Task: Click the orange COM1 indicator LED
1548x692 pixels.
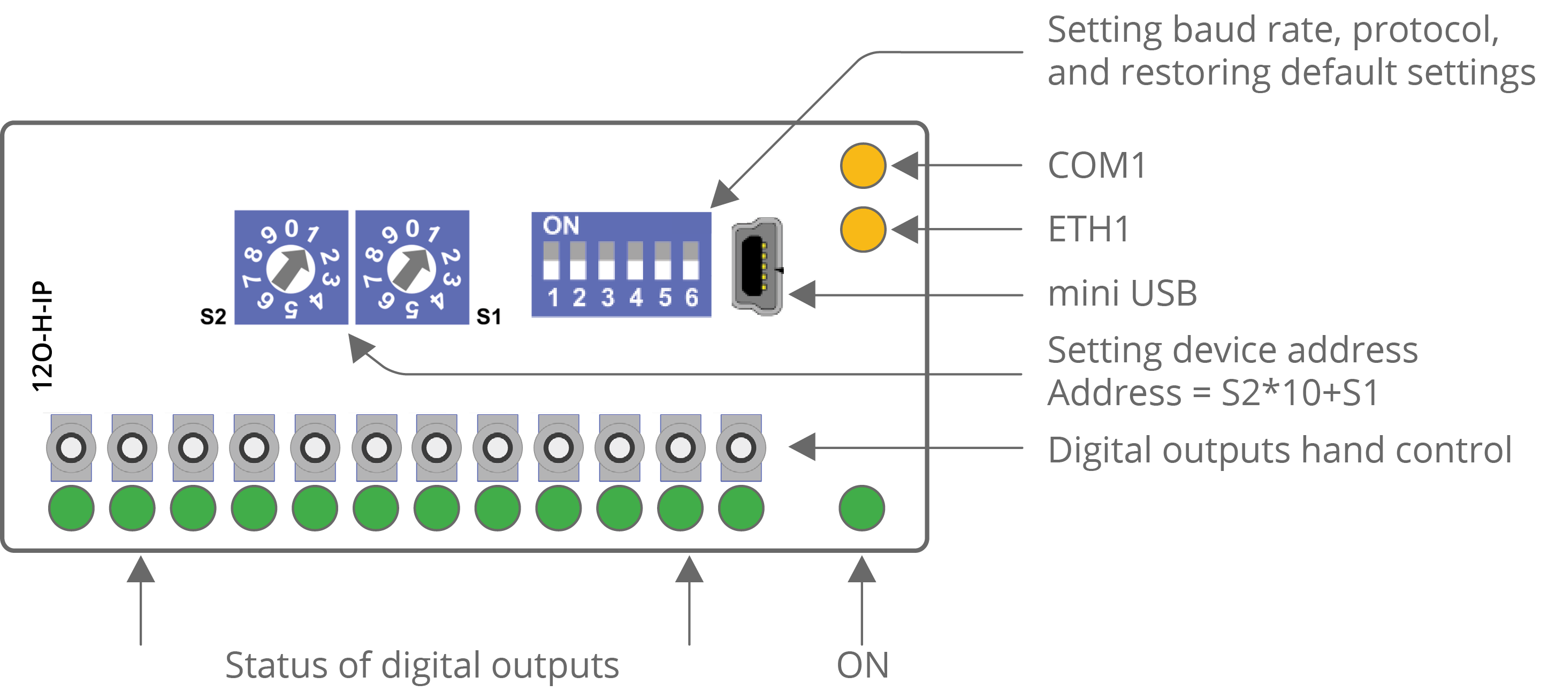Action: (x=863, y=165)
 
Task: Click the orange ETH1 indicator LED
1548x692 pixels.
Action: (x=863, y=230)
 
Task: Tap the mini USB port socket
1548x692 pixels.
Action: (x=757, y=267)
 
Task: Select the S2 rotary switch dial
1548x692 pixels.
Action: (x=291, y=268)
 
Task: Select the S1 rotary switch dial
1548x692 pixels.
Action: (x=411, y=268)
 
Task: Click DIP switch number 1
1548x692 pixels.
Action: (x=551, y=262)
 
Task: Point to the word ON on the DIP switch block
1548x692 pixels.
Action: (x=561, y=226)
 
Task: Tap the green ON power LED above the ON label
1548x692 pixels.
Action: (x=861, y=508)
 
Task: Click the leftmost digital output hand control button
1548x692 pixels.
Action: (x=72, y=447)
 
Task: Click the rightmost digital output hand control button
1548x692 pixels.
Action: (x=741, y=447)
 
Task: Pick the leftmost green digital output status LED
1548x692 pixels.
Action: (x=72, y=508)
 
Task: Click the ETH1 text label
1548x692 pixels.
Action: (x=1088, y=230)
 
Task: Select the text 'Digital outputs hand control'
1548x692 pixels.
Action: (x=1279, y=450)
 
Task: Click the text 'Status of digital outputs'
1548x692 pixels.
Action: (x=422, y=665)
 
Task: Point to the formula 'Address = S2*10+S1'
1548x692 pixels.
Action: (x=1213, y=393)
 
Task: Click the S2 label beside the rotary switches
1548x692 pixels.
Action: (x=213, y=316)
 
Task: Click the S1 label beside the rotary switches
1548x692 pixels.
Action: (x=489, y=316)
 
